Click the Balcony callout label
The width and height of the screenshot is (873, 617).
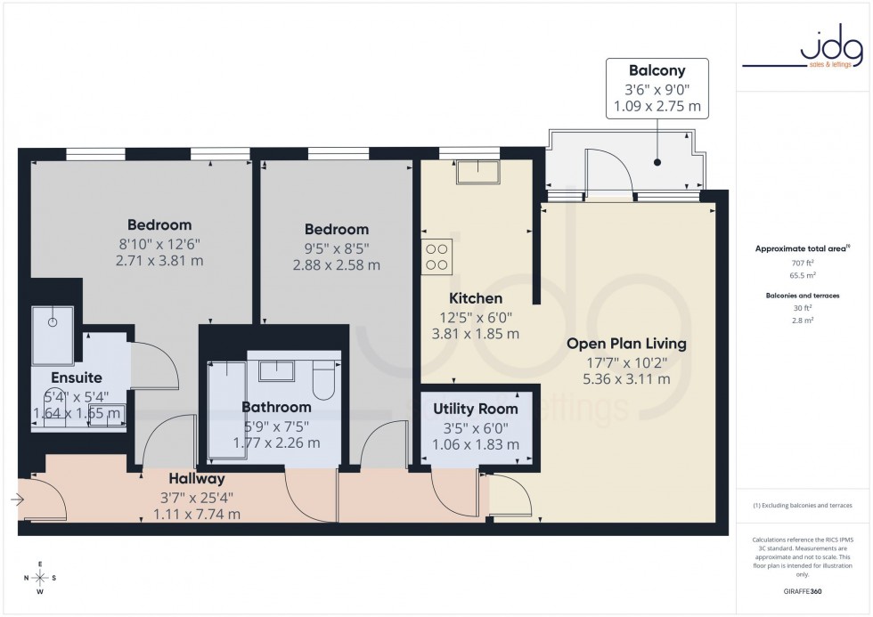pyautogui.click(x=657, y=69)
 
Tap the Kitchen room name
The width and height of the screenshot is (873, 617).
pyautogui.click(x=476, y=298)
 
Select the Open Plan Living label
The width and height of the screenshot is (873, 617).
pyautogui.click(x=627, y=343)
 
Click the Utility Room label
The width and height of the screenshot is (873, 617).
pyautogui.click(x=475, y=409)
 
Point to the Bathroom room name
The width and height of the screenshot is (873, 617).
pyautogui.click(x=276, y=407)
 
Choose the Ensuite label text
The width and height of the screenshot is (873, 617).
pyautogui.click(x=77, y=378)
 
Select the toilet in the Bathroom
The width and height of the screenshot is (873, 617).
pyautogui.click(x=324, y=380)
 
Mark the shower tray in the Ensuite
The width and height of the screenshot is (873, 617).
pyautogui.click(x=51, y=327)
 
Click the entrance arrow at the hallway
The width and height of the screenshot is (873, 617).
pyautogui.click(x=17, y=500)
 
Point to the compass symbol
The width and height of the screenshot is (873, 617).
pyautogui.click(x=40, y=578)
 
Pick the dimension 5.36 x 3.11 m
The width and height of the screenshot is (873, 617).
pyautogui.click(x=627, y=378)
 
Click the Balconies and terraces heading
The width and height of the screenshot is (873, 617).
pyautogui.click(x=803, y=295)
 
